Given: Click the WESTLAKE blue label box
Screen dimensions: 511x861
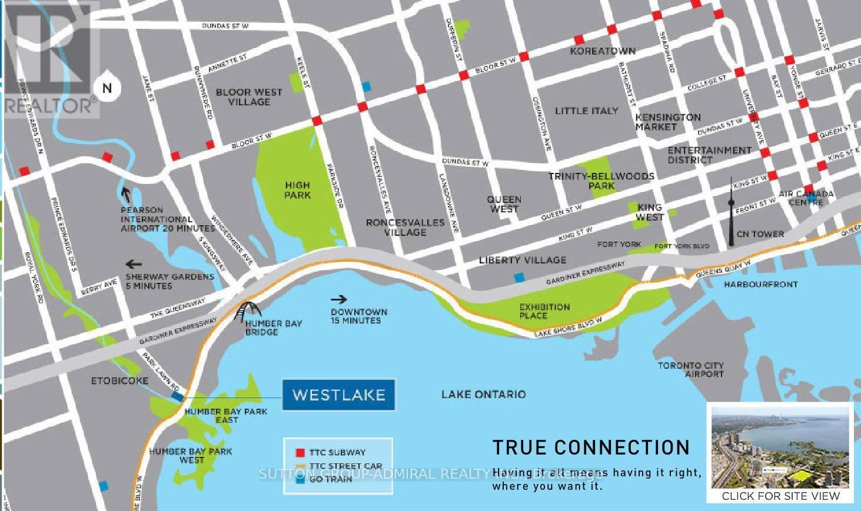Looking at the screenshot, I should tap(339, 395).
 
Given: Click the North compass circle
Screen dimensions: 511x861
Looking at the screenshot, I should tap(107, 88).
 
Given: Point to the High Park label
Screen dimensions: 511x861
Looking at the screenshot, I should tap(297, 190).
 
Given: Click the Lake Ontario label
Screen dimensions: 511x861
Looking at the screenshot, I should tap(483, 395).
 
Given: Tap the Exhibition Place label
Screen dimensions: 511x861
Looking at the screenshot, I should tap(544, 311).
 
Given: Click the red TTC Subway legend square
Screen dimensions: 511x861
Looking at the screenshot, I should tap(300, 453).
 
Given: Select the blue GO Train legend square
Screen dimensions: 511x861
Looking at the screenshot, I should tap(300, 479).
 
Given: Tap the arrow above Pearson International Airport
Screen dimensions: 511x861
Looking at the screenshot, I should tap(125, 193).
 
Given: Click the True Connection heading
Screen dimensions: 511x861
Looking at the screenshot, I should tap(591, 447).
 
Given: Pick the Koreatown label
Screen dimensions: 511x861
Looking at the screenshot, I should tap(603, 51).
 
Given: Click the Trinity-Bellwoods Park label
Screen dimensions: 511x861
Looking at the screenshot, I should tap(601, 181).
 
